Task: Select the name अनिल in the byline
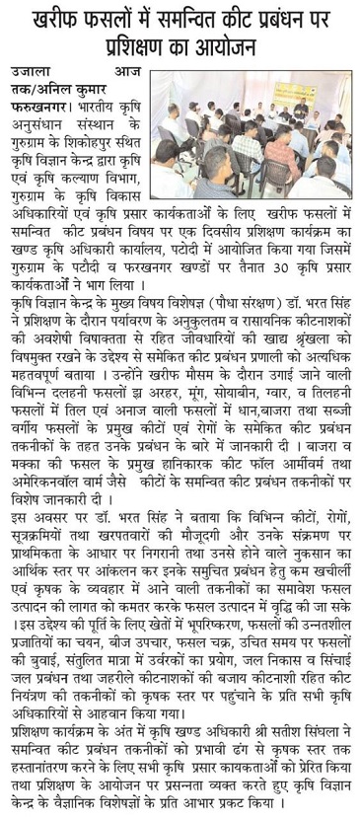(x=67, y=89)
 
